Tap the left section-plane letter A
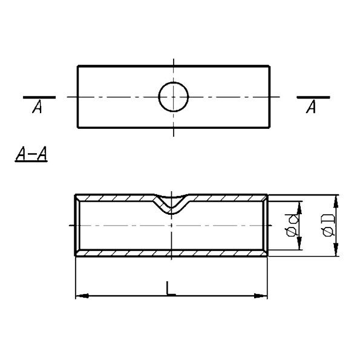point(38,107)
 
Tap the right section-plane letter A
point(311,107)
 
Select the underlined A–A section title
point(31,154)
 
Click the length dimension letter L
point(171,289)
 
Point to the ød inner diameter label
point(292,225)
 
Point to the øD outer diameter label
point(329,225)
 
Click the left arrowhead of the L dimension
point(82,296)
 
